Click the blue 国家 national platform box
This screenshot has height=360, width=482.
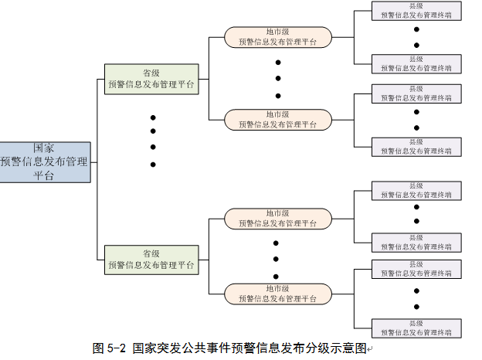[x=44, y=162]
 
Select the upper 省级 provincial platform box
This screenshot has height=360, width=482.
[x=151, y=80]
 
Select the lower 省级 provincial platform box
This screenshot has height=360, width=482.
[x=151, y=260]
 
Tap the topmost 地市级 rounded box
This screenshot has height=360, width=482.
[x=278, y=37]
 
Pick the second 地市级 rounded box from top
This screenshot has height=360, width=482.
[x=278, y=119]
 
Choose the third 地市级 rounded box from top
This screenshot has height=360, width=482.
[x=278, y=219]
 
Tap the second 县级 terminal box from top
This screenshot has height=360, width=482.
[x=416, y=63]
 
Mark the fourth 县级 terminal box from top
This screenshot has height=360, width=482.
[x=416, y=147]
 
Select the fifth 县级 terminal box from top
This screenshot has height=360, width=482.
[x=416, y=191]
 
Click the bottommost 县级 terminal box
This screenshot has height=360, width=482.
[x=416, y=328]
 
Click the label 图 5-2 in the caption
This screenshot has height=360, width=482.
[x=109, y=348]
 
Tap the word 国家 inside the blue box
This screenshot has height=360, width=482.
[x=44, y=148]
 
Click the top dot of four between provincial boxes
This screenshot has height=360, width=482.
[x=153, y=117]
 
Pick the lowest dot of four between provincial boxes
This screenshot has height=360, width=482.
[x=153, y=164]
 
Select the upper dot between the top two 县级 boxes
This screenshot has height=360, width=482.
[x=416, y=29]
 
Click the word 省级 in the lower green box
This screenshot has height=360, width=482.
[x=151, y=253]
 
